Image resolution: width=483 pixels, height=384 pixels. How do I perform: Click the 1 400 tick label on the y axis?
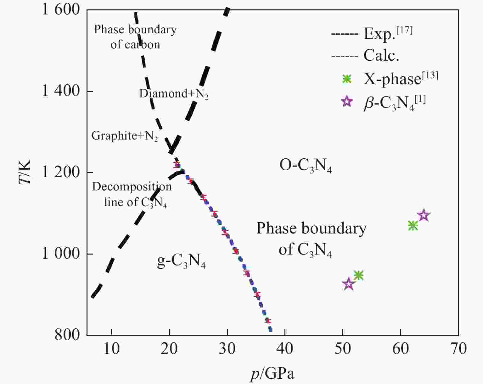61,91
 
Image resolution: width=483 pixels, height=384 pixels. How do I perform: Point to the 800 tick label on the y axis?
68,335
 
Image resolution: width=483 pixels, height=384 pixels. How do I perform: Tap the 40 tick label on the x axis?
285,348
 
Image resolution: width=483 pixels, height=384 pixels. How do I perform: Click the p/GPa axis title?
272,374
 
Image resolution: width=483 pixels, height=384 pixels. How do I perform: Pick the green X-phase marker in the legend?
347,79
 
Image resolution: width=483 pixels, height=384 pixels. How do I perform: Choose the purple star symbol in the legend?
347,101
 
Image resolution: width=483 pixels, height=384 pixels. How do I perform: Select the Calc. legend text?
381,56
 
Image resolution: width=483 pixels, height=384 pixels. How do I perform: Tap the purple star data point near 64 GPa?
424,216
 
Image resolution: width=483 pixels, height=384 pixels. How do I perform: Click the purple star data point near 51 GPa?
349,284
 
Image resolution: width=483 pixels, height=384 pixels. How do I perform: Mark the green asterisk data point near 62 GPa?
413,225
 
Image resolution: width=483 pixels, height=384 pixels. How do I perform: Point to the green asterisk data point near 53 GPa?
359,275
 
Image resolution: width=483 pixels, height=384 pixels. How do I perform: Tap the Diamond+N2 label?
174,94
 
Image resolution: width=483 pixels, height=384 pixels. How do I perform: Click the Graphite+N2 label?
125,136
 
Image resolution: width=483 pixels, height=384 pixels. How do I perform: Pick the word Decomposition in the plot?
132,187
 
